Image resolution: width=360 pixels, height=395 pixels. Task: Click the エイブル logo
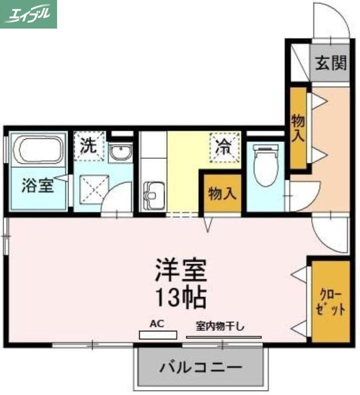coord(29,14)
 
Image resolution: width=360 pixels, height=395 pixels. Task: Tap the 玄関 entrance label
coord(331,63)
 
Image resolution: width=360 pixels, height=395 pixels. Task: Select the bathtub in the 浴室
coord(38,150)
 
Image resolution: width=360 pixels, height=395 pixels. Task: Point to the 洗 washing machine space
coord(89,146)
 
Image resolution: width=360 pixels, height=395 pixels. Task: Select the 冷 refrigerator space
coord(225,147)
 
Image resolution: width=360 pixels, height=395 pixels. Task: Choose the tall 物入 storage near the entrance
coord(298,128)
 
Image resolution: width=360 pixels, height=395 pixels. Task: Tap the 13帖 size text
coord(181,297)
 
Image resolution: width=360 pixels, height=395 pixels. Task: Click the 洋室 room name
coord(181,270)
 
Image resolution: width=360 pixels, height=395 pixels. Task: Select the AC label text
coord(157,323)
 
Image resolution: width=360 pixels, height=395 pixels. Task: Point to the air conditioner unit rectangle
coord(158,335)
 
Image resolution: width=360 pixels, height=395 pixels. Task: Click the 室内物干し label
coord(220,327)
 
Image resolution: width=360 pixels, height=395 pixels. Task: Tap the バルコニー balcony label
coord(201,368)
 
